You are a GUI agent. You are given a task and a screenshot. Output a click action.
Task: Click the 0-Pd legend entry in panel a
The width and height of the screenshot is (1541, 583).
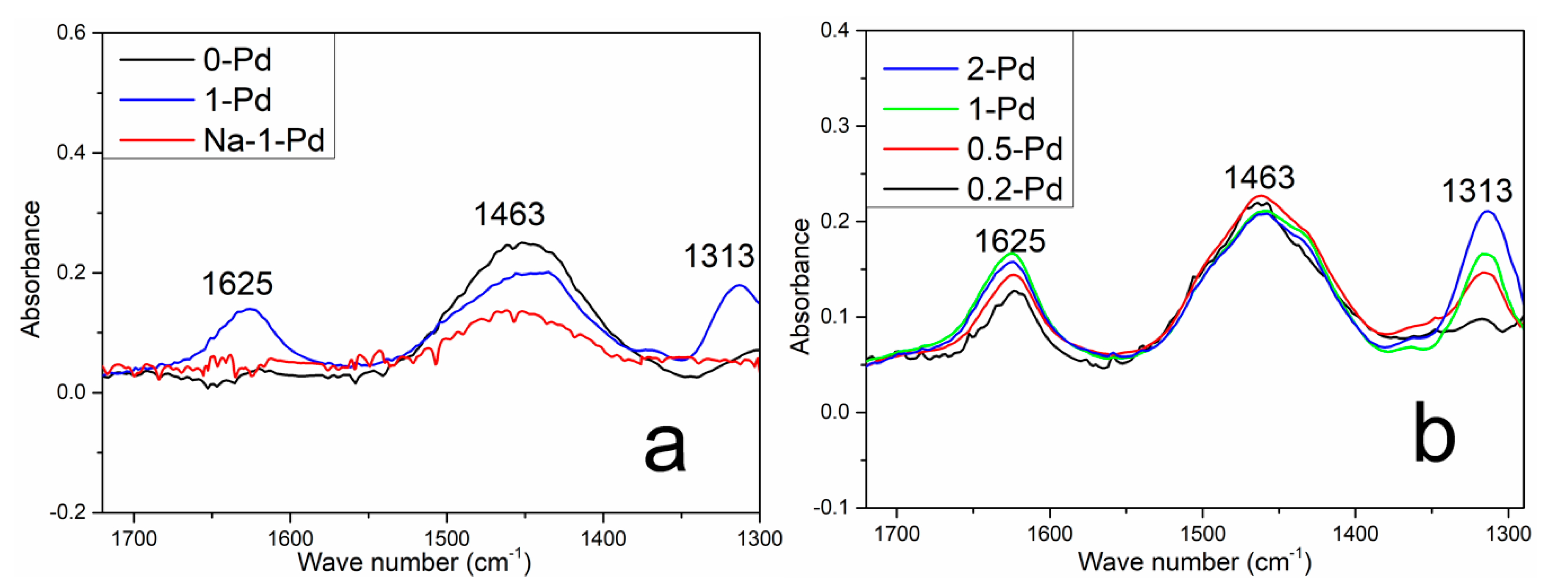237,60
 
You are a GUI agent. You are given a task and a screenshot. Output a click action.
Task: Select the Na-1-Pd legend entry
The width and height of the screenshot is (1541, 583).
263,140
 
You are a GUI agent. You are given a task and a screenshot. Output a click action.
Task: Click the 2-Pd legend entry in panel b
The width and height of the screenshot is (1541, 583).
1001,69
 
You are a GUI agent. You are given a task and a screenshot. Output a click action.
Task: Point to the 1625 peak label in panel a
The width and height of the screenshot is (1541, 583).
237,283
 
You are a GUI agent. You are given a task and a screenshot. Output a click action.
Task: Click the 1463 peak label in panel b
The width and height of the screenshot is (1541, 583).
1259,178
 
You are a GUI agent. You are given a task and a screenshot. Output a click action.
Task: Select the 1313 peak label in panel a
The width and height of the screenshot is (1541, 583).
718,256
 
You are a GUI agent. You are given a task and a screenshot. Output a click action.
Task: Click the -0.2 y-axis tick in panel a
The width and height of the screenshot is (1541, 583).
67,513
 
